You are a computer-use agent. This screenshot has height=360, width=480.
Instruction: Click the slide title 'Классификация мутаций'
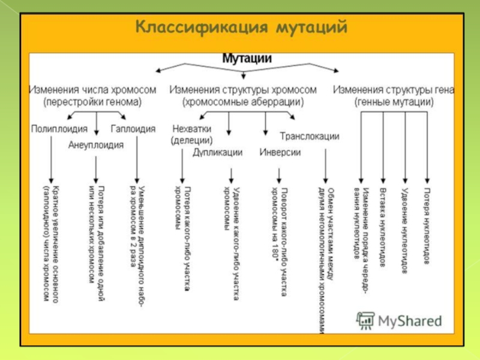pyautogui.click(x=241, y=28)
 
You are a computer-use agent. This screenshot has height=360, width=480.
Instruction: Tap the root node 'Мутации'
pyautogui.click(x=247, y=59)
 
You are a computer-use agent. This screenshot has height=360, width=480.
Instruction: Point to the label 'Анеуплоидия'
pyautogui.click(x=96, y=145)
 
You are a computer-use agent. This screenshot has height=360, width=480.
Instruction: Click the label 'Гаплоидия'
pyautogui.click(x=133, y=128)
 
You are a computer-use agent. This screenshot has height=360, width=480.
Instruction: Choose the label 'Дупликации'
pyautogui.click(x=218, y=152)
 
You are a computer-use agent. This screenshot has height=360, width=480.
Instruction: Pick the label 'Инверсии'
pyautogui.click(x=280, y=152)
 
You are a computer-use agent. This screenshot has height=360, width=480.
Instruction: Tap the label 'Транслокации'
pyautogui.click(x=310, y=136)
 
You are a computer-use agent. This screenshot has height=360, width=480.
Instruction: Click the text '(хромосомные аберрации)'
pyautogui.click(x=242, y=102)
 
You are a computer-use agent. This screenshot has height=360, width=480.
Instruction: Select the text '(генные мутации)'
pyautogui.click(x=394, y=102)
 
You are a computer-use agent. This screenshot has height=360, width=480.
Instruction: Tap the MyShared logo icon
pyautogui.click(x=365, y=320)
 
